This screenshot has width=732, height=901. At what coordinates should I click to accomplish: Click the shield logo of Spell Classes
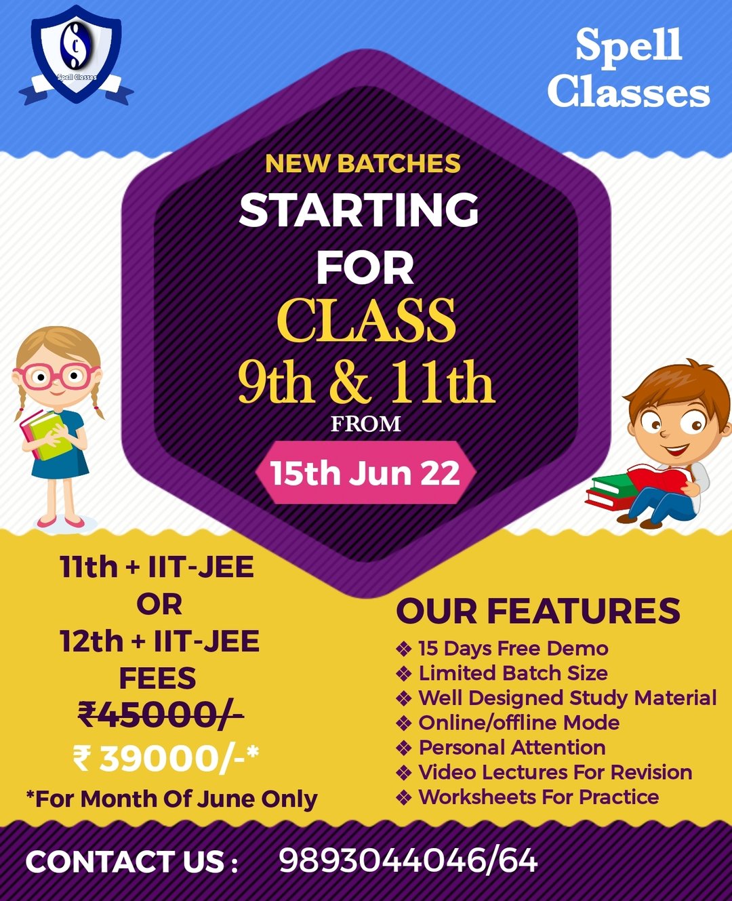tap(76, 54)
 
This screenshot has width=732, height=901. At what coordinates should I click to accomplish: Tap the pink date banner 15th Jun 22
tap(365, 473)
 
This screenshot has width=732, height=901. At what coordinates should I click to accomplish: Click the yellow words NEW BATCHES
tap(363, 163)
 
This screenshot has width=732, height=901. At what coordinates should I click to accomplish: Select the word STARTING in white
tap(359, 209)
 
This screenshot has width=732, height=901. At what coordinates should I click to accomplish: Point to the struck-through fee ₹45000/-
tap(161, 715)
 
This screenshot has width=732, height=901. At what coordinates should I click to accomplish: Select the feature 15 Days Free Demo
tap(513, 649)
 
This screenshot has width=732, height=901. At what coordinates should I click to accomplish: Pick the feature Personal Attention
tap(512, 748)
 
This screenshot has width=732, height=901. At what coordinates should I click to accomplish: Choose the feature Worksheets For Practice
tap(539, 797)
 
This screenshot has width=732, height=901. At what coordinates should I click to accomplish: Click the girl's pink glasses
tap(56, 376)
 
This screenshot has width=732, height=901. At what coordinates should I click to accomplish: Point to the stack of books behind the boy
tap(611, 491)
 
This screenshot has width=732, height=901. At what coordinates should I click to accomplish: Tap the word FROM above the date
tap(365, 424)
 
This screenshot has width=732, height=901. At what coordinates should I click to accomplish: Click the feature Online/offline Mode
tap(519, 723)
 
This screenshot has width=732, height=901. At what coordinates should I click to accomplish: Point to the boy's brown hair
tap(676, 386)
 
